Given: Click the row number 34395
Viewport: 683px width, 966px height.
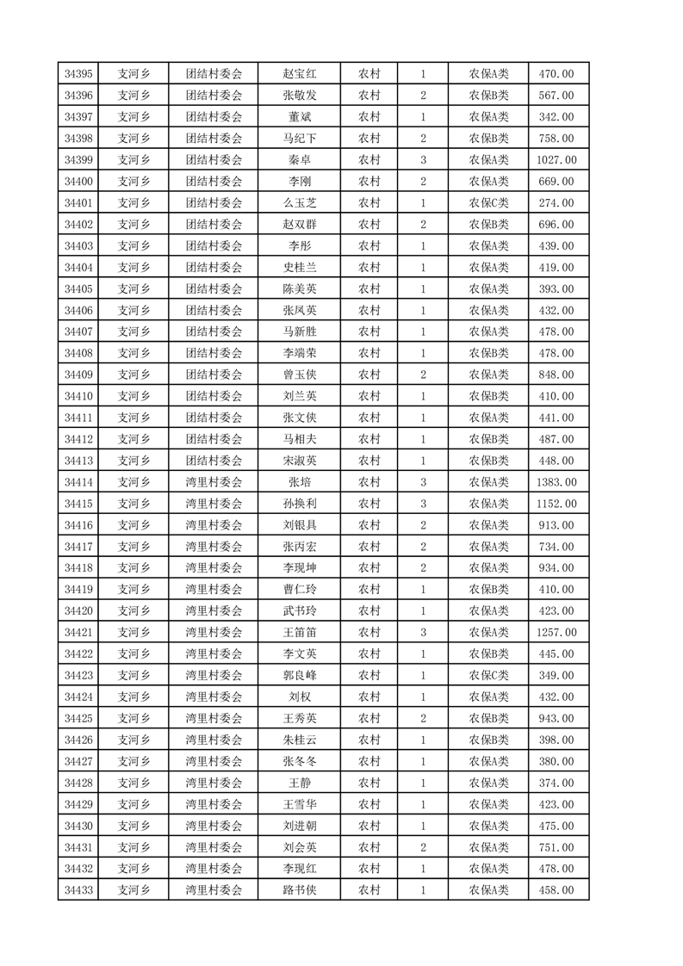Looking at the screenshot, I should point(78,74).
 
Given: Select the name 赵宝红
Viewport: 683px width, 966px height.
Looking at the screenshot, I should point(300,74).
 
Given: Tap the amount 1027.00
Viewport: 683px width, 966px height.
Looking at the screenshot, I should point(556,160).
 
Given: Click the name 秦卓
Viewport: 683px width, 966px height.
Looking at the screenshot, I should point(300,160).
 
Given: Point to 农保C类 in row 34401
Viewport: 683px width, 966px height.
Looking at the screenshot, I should point(488,203).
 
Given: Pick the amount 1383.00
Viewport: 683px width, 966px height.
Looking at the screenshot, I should point(556,482).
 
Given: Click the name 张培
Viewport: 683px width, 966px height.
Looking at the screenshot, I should point(300,482).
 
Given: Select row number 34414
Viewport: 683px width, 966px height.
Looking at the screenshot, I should point(78,482).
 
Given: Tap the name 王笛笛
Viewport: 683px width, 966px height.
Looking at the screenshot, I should point(300,633).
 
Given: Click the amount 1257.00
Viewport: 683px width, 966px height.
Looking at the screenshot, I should point(556,633).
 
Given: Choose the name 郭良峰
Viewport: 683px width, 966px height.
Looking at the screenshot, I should point(300,676).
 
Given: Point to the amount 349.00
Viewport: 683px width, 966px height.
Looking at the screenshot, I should point(556,676).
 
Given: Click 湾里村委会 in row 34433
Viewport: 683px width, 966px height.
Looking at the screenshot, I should point(214,890).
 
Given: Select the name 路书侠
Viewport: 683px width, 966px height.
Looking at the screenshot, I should point(300,890).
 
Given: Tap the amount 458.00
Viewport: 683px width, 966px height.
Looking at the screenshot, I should point(556,890).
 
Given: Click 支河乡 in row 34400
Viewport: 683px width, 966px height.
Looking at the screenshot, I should point(133,182).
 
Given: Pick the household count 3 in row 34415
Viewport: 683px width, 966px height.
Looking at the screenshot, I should point(423,504).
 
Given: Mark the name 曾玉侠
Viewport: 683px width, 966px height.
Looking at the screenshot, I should point(300,375).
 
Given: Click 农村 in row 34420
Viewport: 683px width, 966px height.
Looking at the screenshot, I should point(369,611).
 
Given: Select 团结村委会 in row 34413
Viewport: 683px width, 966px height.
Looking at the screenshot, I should point(214,461).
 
